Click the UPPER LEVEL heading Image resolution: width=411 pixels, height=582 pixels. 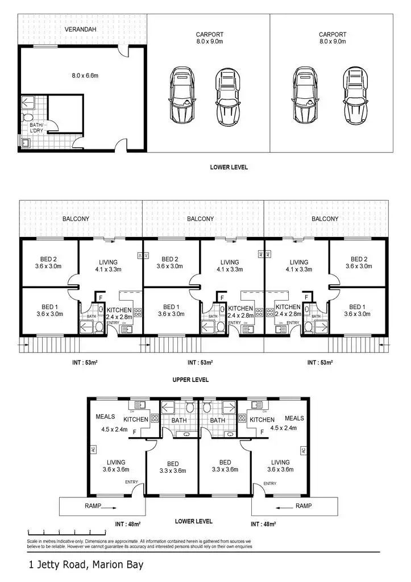190,380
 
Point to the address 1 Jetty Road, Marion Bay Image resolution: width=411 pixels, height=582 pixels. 86,565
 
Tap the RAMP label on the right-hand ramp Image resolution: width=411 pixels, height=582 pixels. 304,505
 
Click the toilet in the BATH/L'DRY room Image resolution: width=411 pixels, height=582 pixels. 27,118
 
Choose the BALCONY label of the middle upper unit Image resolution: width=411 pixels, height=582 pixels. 201,219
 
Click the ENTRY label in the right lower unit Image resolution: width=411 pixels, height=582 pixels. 269,484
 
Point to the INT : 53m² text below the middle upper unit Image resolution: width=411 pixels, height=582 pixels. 200,363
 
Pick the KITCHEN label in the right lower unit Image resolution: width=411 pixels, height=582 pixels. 262,419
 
